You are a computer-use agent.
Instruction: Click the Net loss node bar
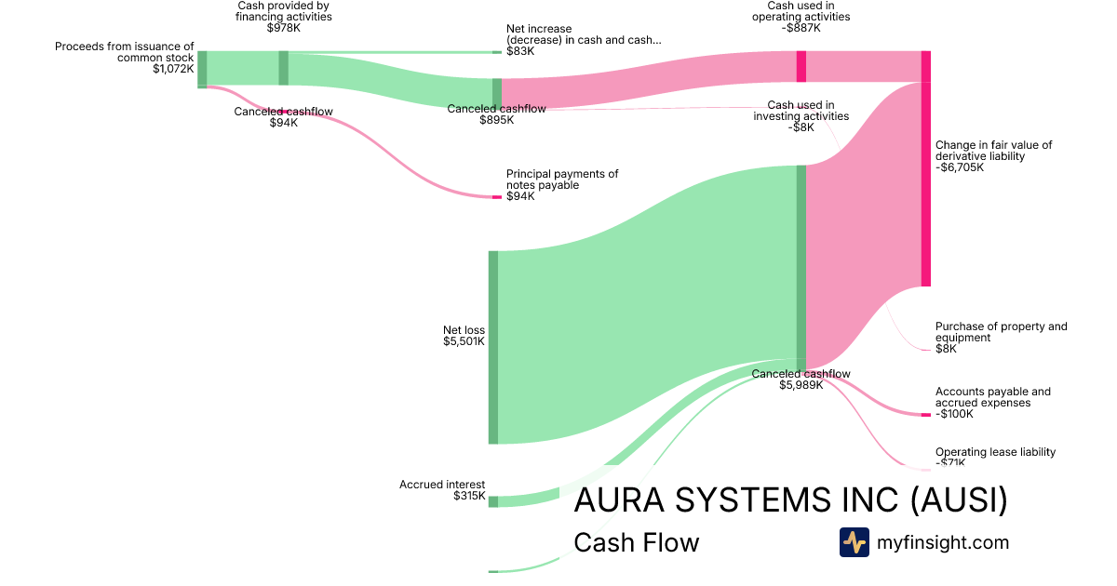coord(493,347)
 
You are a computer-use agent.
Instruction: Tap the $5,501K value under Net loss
coord(464,341)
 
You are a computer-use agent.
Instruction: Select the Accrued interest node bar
coord(493,501)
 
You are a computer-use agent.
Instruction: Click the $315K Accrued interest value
coord(469,496)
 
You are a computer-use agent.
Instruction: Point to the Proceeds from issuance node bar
coord(202,70)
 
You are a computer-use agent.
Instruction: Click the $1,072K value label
coord(173,68)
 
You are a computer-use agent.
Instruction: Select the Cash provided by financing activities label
coord(284,11)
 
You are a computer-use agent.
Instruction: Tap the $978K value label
coord(284,28)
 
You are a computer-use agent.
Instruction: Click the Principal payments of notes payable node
coord(497,197)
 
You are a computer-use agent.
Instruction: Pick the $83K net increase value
coord(520,51)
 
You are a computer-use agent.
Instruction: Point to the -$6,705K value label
coord(960,168)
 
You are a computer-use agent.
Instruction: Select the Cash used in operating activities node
coord(801,67)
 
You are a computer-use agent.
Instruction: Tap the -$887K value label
coord(801,28)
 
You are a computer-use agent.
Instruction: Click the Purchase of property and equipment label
coord(1001,332)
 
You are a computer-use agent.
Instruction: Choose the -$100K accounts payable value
coord(954,414)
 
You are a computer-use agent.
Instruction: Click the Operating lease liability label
coord(995,452)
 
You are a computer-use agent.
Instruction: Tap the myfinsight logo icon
coord(854,542)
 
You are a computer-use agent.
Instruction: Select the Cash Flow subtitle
coord(636,542)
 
